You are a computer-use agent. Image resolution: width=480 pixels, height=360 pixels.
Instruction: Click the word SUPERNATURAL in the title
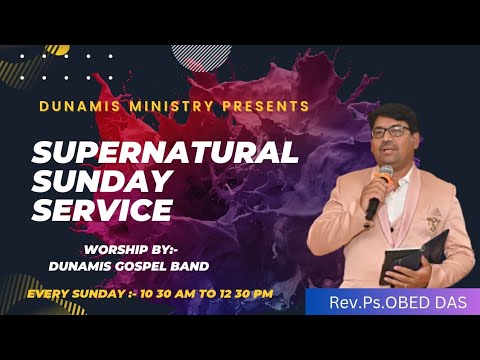pyautogui.click(x=166, y=153)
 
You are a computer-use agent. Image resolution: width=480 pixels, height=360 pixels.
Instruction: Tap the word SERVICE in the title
pyautogui.click(x=103, y=210)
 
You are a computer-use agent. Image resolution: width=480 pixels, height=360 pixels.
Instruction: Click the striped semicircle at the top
pyautogui.click(x=201, y=55)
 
